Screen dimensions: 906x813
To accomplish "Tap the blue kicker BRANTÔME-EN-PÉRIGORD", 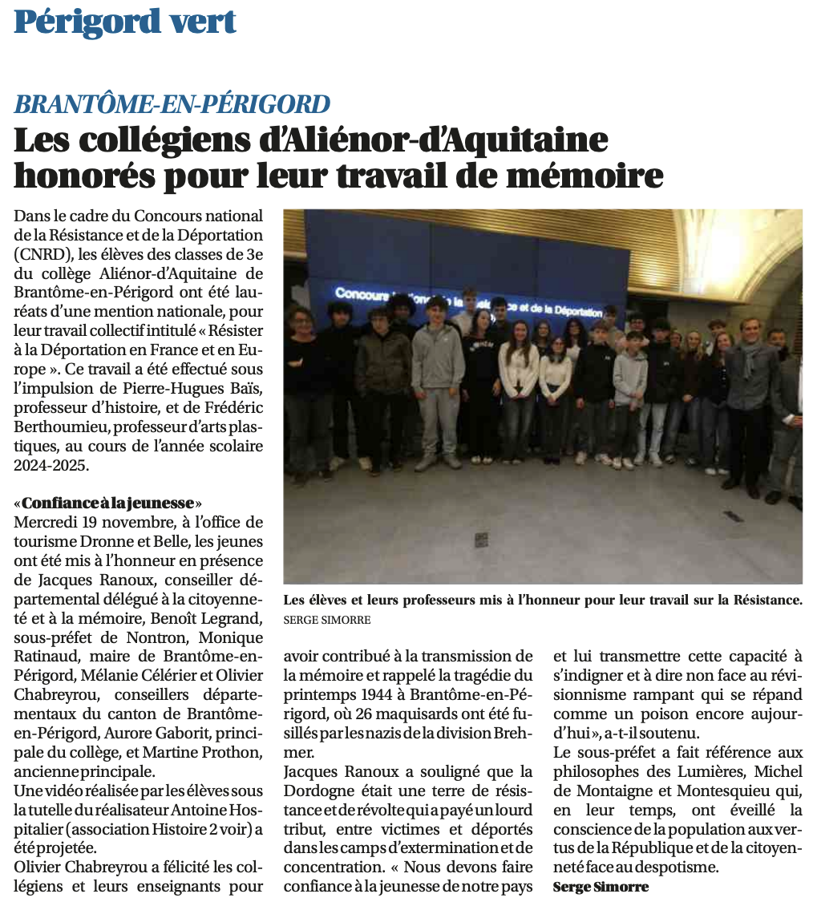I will pos(172,104).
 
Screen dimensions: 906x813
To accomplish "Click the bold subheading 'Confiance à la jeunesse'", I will pos(108,504).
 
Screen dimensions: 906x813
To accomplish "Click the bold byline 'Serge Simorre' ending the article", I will pos(601,886).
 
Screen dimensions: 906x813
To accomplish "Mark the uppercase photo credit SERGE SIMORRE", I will pos(327,620).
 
